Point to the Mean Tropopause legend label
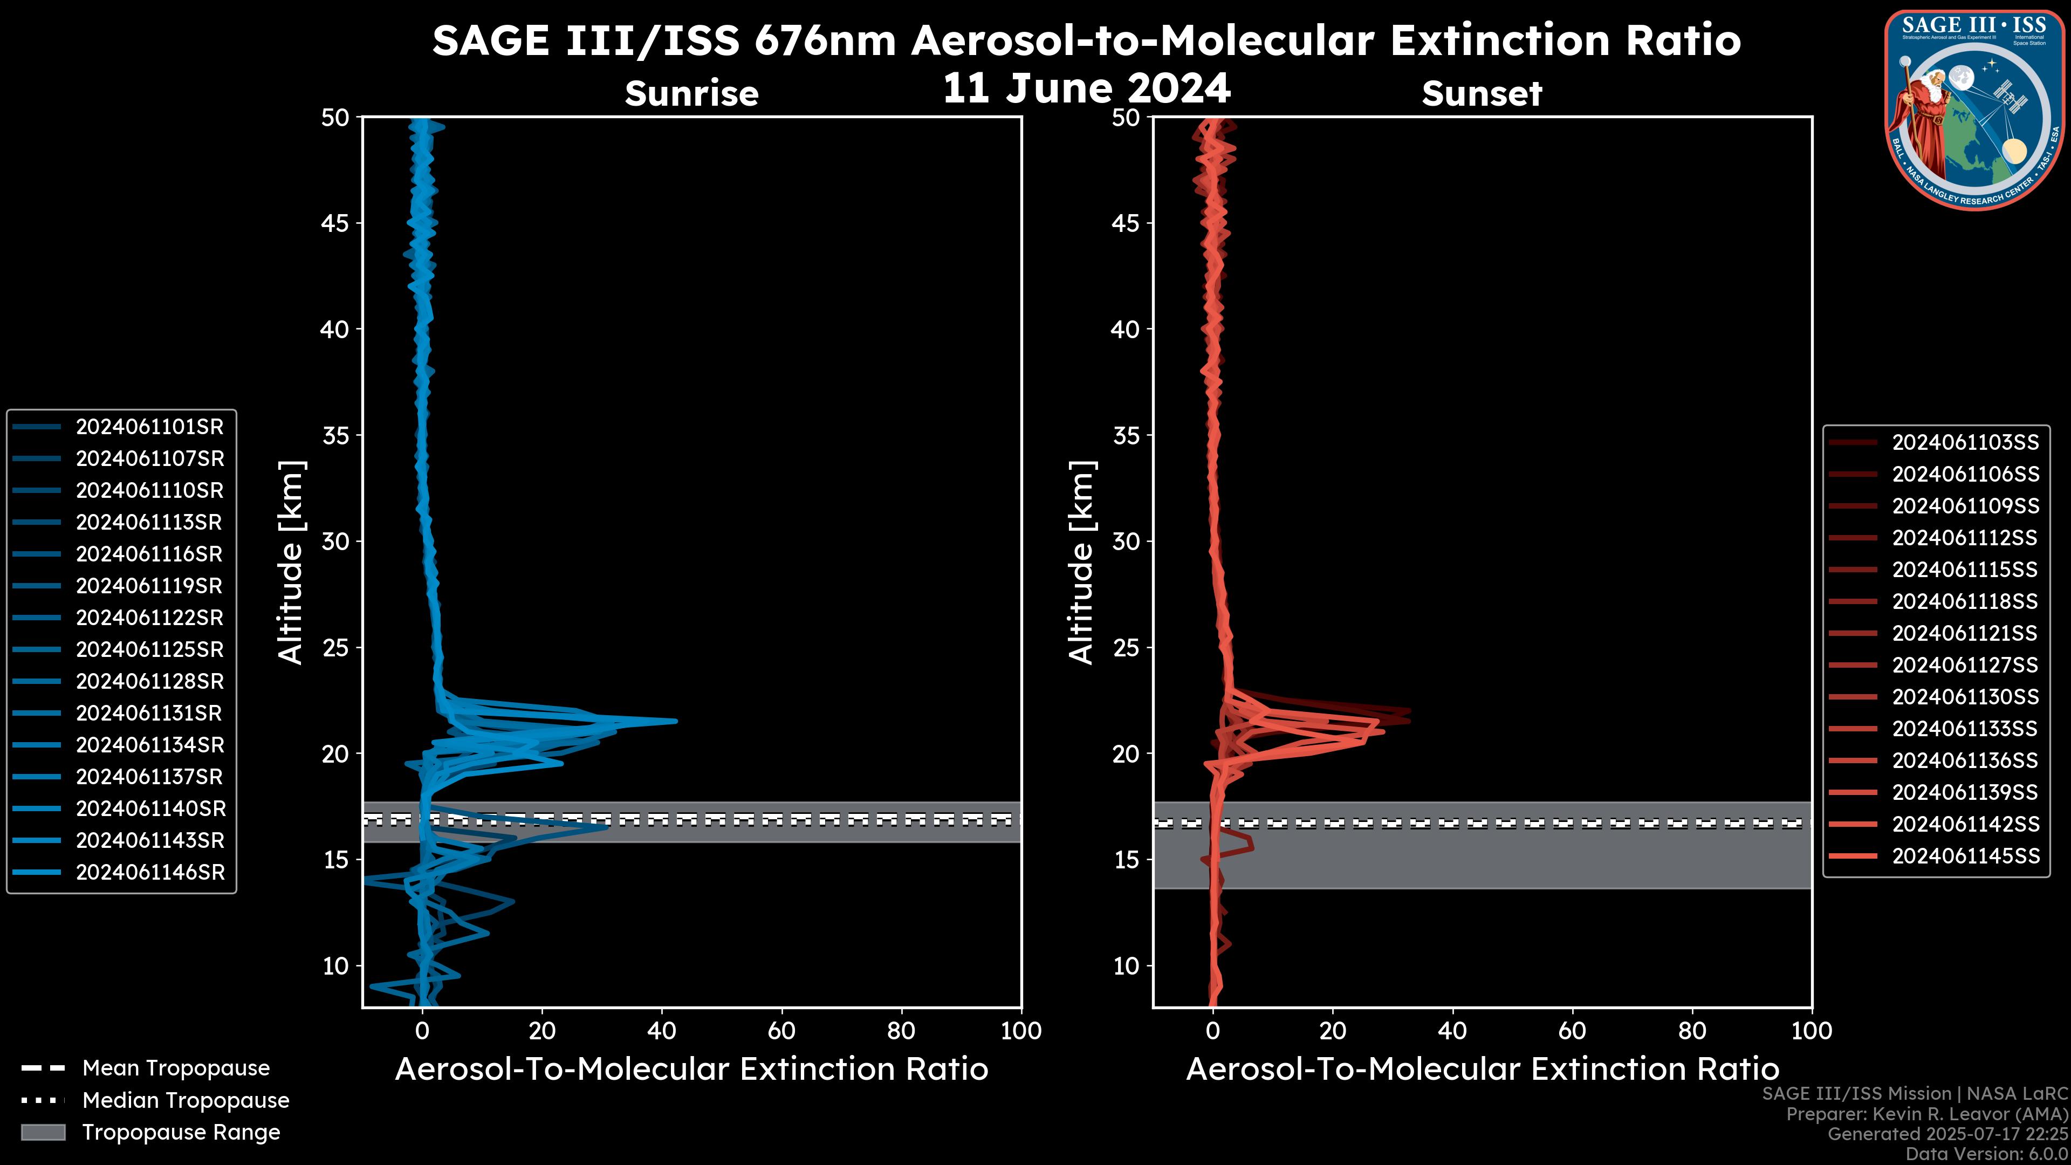[176, 1068]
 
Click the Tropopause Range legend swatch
[43, 1132]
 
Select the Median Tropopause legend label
[186, 1101]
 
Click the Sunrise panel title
[691, 94]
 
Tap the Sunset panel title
[1482, 94]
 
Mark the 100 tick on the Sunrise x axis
[1021, 1031]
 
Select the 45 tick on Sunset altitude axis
[1126, 223]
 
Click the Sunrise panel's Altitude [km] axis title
[291, 562]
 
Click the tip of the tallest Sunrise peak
[675, 721]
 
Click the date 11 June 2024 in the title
[1086, 88]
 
